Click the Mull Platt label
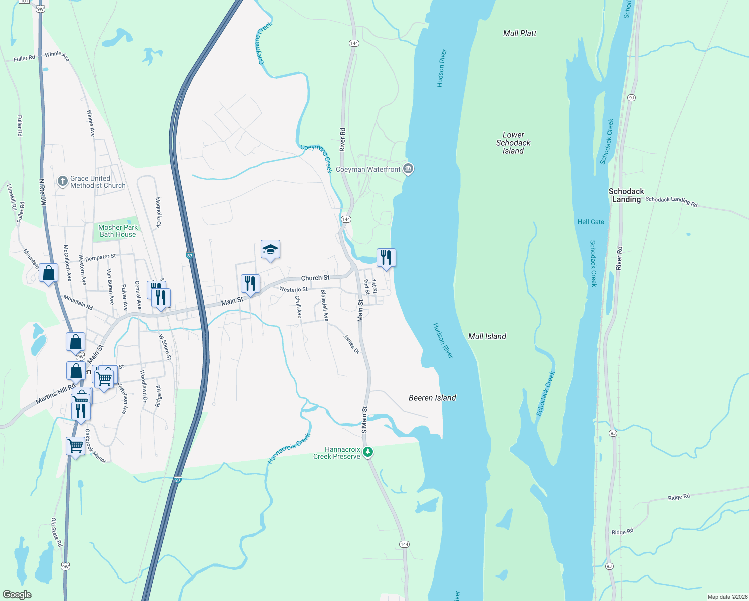(519, 33)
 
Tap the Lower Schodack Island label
(513, 143)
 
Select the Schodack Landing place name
(626, 195)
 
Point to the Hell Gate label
(591, 222)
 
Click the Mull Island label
(487, 336)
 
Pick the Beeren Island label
(432, 398)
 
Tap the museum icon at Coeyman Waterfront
(408, 169)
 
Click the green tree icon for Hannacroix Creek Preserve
(368, 452)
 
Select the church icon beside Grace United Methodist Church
(62, 181)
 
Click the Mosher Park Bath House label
(118, 231)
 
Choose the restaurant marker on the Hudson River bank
(386, 258)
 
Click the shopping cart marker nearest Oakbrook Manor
(75, 445)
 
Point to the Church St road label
(315, 278)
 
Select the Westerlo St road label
(293, 289)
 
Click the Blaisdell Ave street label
(324, 305)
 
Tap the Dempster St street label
(100, 257)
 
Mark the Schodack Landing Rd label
(671, 201)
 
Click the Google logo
(17, 595)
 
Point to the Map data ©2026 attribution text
(727, 597)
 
